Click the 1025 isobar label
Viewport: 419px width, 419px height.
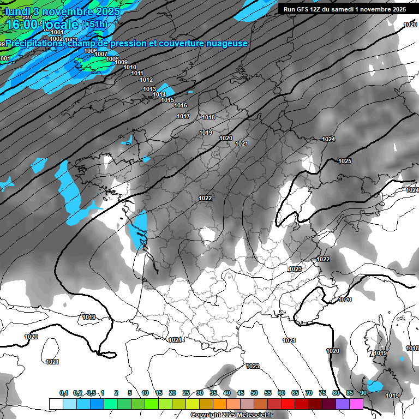tap(345, 161)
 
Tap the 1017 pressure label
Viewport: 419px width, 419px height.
tap(183, 116)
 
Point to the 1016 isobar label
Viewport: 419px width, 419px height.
tap(181, 105)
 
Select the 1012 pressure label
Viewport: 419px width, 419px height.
tap(146, 80)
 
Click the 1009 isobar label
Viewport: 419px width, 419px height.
tap(121, 62)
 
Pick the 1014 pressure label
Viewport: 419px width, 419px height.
tap(159, 94)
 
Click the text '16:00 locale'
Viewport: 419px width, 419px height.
tap(43, 25)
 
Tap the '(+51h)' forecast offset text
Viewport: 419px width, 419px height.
tap(94, 25)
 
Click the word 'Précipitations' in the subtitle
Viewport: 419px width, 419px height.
tap(34, 43)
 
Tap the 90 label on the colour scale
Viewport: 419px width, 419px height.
tap(363, 393)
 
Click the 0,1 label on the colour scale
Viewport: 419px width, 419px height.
tap(63, 393)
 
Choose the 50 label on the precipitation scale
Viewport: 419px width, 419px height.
tap(254, 393)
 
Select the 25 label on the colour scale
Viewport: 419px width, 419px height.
tap(186, 393)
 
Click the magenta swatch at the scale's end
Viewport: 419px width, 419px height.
tap(356, 404)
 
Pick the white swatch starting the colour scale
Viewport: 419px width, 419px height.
tap(56, 404)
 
